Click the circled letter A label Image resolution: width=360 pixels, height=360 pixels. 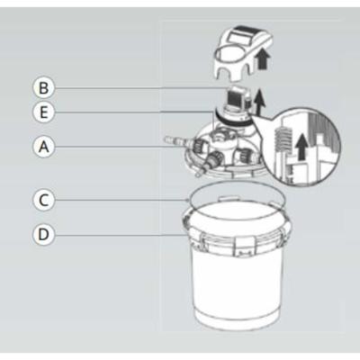[44, 147]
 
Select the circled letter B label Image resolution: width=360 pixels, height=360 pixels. [44, 88]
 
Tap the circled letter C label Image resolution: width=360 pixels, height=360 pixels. [44, 200]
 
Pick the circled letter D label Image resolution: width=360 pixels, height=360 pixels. [44, 234]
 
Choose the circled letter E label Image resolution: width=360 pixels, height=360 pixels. [44, 112]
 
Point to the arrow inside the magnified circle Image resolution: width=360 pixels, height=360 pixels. [301, 147]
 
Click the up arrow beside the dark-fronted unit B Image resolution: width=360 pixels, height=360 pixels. [260, 102]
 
